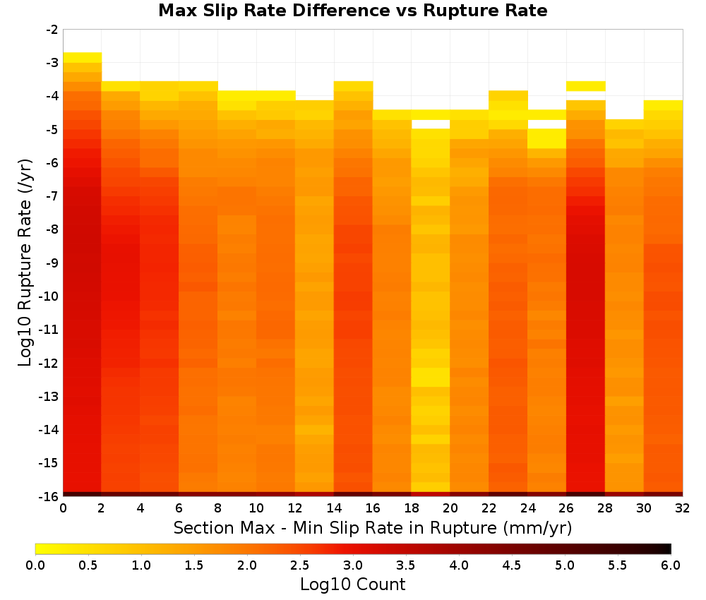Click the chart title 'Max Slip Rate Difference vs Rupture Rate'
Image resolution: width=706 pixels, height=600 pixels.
352,11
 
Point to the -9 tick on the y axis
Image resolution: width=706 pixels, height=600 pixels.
52,263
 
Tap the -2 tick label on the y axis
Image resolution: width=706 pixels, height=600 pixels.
52,30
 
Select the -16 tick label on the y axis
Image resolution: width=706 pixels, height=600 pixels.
49,496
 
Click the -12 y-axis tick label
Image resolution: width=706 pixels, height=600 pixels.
49,363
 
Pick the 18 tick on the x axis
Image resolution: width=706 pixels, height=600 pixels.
412,508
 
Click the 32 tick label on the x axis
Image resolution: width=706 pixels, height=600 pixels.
683,508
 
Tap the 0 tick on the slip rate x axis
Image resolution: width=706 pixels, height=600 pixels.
63,508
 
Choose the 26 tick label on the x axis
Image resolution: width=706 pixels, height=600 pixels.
566,508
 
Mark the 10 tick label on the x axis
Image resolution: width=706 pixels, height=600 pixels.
257,508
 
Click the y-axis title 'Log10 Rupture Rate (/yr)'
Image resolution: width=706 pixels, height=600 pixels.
25,263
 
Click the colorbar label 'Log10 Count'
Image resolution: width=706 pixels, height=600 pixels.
352,584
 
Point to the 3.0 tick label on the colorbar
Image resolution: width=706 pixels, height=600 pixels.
353,565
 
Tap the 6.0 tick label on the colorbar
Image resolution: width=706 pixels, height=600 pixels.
671,565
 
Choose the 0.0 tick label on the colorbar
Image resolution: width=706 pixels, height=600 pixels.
35,565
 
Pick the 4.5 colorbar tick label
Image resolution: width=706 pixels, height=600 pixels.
511,565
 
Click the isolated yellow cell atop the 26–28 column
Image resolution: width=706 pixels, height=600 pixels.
586,86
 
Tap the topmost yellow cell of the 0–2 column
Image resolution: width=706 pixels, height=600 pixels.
83,57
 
